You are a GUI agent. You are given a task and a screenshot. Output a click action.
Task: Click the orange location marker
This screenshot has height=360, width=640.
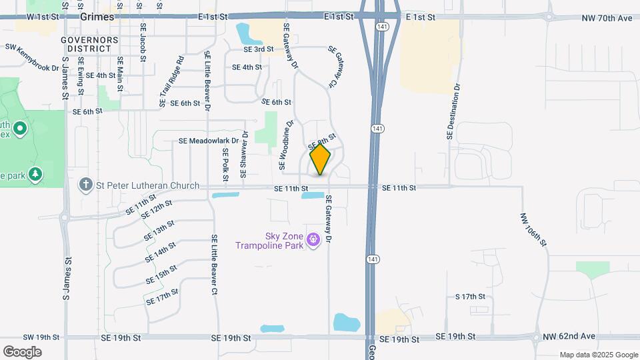320,159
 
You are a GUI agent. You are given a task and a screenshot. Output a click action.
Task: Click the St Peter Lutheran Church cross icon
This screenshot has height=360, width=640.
85,185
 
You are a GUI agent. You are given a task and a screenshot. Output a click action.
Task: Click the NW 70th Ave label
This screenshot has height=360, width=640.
605,17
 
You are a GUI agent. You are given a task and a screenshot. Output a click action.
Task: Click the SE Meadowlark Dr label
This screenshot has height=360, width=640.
209,141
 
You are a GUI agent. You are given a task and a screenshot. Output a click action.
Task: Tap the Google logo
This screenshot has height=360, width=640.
22,352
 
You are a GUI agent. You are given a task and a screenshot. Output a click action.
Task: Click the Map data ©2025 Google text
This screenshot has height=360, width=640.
597,355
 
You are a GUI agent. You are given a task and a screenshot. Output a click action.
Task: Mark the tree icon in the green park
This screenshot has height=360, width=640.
35,175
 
